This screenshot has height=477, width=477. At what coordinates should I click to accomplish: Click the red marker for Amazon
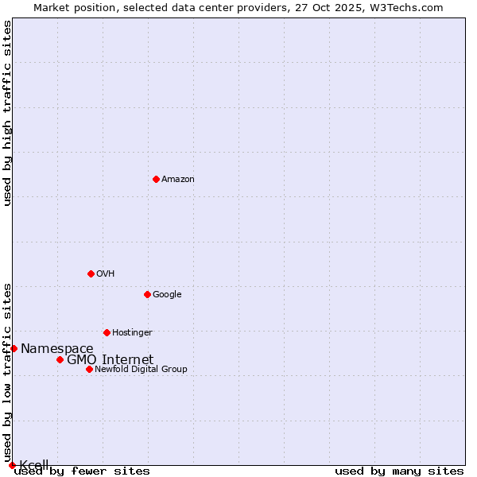click(x=156, y=179)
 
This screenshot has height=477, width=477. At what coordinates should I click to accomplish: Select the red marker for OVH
click(x=91, y=273)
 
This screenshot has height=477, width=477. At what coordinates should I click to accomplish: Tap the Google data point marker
click(x=147, y=294)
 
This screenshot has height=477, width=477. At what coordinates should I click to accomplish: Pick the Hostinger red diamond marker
click(x=107, y=332)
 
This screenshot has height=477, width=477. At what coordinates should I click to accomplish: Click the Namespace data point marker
click(x=14, y=348)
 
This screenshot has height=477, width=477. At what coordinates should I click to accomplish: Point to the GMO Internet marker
click(x=60, y=359)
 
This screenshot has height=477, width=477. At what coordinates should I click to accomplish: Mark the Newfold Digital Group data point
click(x=89, y=369)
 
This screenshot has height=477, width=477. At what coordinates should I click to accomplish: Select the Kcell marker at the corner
click(x=12, y=465)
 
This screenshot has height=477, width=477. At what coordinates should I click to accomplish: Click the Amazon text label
click(x=178, y=179)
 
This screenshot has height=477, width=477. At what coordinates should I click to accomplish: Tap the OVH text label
click(x=106, y=273)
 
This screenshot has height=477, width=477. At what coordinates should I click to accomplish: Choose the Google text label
click(x=167, y=294)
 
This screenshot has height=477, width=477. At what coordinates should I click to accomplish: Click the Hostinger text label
click(x=132, y=332)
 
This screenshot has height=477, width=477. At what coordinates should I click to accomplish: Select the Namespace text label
click(x=57, y=348)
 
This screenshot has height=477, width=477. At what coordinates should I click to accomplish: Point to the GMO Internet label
click(x=111, y=359)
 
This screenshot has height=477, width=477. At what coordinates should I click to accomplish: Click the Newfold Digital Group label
click(x=142, y=369)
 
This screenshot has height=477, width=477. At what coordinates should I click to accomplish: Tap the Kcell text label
click(x=34, y=465)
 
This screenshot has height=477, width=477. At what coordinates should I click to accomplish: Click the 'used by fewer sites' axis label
click(x=82, y=471)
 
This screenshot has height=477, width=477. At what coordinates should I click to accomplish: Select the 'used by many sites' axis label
click(x=399, y=471)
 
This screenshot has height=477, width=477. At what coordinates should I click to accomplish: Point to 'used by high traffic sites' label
click(x=7, y=113)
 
